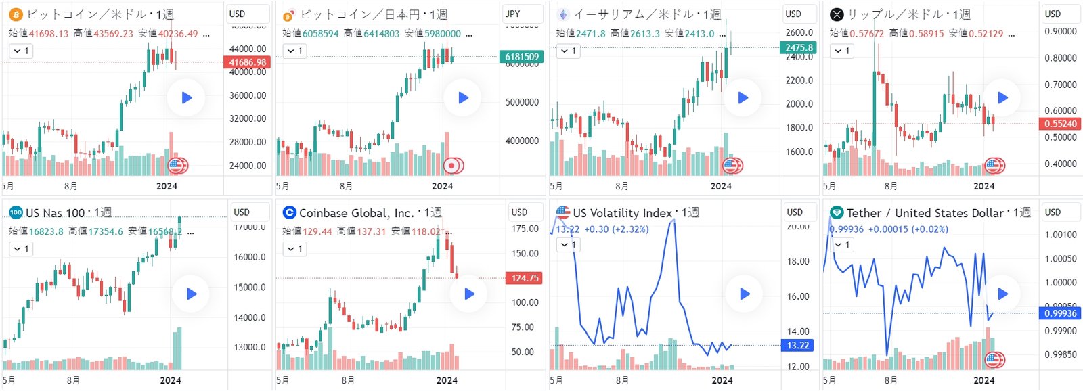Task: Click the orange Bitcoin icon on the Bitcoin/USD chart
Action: coord(16,14)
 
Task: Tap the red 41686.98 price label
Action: coord(247,62)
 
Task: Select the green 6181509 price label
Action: coord(522,57)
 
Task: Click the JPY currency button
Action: coord(513,14)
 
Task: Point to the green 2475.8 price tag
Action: coord(799,47)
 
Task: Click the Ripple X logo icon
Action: coord(837,14)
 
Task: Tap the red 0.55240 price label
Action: coord(1060,124)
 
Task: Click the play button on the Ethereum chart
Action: coord(743,98)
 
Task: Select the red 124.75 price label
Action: coord(525,278)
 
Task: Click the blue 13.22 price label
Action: coord(798,345)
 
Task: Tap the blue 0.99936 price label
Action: coord(1060,313)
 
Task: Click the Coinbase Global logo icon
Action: coord(289,213)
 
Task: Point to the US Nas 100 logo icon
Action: coord(16,213)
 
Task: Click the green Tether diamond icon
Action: coord(837,213)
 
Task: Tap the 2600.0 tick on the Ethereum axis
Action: coord(799,32)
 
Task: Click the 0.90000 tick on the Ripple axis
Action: coord(1060,32)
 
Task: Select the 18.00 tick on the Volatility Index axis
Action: coord(798,261)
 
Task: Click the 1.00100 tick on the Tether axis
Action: coord(1060,235)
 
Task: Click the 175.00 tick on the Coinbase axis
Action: coord(525,229)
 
